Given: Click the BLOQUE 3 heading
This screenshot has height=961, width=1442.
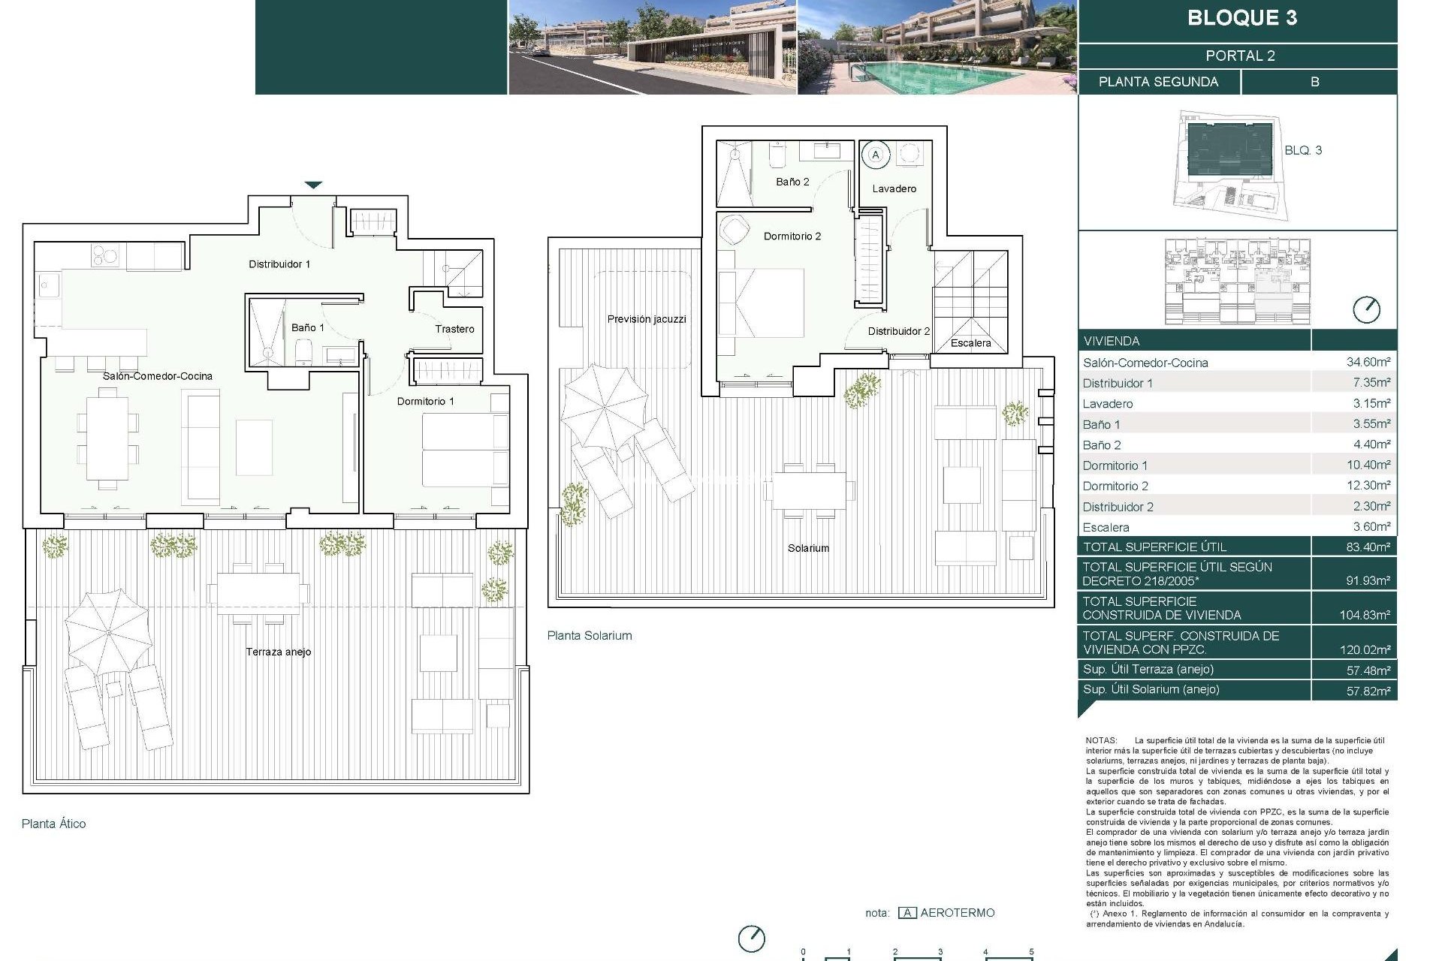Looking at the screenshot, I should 1241,18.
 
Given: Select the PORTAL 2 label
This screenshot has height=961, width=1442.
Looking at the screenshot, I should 1240,56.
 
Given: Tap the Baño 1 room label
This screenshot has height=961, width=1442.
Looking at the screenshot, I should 308,327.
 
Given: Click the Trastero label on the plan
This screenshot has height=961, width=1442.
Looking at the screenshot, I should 454,329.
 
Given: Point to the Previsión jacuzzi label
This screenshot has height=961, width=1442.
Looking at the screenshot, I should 647,319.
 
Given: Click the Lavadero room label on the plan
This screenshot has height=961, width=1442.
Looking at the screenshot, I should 894,188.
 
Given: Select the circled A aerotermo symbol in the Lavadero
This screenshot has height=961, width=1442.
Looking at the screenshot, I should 875,155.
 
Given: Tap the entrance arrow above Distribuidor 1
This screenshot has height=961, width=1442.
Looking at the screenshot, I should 313,185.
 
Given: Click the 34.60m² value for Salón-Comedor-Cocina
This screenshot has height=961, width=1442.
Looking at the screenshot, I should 1368,362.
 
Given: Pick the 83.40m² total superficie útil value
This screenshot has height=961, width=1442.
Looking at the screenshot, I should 1368,547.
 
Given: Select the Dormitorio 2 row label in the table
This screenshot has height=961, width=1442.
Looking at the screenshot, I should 1115,486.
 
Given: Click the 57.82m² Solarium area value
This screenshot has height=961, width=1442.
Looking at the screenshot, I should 1368,690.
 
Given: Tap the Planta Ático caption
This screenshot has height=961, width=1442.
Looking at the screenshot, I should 53,824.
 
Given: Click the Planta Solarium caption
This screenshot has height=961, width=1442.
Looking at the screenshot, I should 590,635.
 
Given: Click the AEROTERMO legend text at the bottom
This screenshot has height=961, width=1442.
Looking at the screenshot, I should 957,913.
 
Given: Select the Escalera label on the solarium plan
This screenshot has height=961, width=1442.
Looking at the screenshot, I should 970,343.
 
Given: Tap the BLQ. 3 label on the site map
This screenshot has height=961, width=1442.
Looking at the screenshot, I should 1302,150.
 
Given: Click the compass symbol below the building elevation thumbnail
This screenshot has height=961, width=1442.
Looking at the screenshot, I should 1366,309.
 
